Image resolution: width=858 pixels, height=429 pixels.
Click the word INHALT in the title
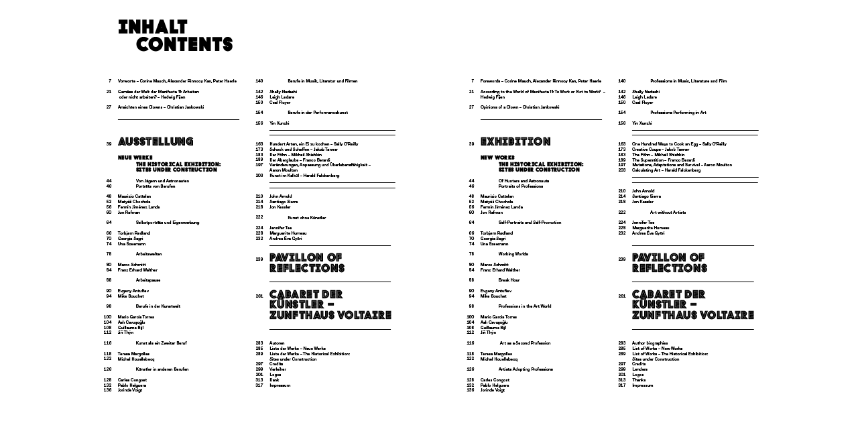pyautogui.click(x=152, y=27)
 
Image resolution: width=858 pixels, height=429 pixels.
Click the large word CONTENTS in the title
pyautogui.click(x=184, y=45)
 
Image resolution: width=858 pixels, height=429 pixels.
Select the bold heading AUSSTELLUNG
pyautogui.click(x=156, y=142)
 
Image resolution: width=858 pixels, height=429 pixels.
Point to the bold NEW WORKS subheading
pyautogui.click(x=497, y=158)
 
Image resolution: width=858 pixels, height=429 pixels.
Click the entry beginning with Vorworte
pyautogui.click(x=177, y=81)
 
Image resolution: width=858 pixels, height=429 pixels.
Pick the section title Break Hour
pyautogui.click(x=509, y=280)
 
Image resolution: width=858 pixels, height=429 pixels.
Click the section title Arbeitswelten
pyautogui.click(x=149, y=254)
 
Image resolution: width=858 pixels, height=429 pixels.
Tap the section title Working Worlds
pyautogui.click(x=513, y=254)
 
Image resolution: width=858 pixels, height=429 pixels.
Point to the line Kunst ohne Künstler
pyautogui.click(x=307, y=218)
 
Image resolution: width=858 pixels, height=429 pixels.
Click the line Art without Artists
pyautogui.click(x=668, y=212)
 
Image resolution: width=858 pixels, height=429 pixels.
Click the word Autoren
pyautogui.click(x=277, y=343)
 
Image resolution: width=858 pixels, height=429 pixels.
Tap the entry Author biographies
pyautogui.click(x=650, y=343)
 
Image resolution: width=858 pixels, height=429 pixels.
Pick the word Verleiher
pyautogui.click(x=278, y=369)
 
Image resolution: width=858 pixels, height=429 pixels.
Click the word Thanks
pyautogui.click(x=639, y=380)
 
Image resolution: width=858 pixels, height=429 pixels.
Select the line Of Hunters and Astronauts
pyautogui.click(x=524, y=181)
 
